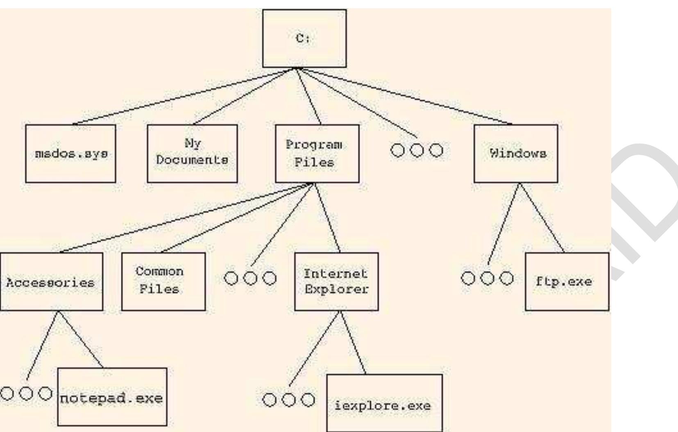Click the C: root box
point(304,38)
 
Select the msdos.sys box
point(70,154)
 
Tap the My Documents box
point(192,154)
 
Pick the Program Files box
point(317,154)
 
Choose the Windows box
point(515,154)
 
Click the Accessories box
point(51,282)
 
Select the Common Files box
point(163,282)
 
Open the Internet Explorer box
point(336,282)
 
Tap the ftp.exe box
point(567,282)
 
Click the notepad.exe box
point(112,397)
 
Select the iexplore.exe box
point(384,403)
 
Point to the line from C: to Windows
point(404,96)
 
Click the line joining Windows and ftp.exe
point(542,218)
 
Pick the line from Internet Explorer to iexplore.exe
point(353,342)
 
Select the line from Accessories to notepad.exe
point(80,339)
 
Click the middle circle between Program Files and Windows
point(417,151)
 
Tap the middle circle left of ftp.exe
point(487,278)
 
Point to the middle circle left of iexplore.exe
point(289,400)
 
